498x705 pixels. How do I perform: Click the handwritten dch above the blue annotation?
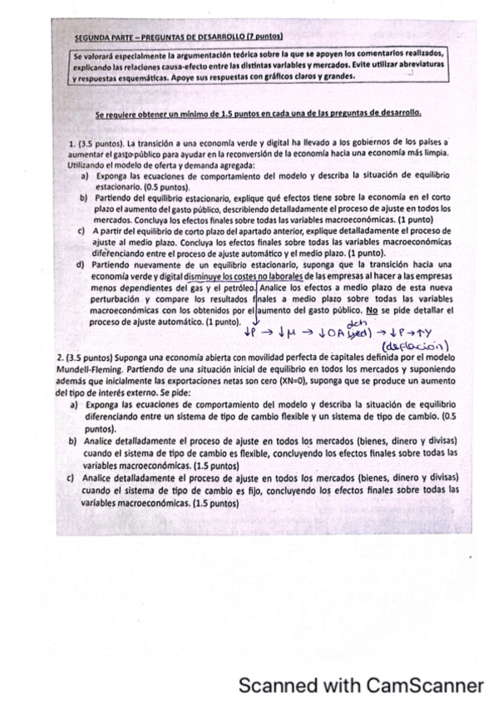coord(360,323)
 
